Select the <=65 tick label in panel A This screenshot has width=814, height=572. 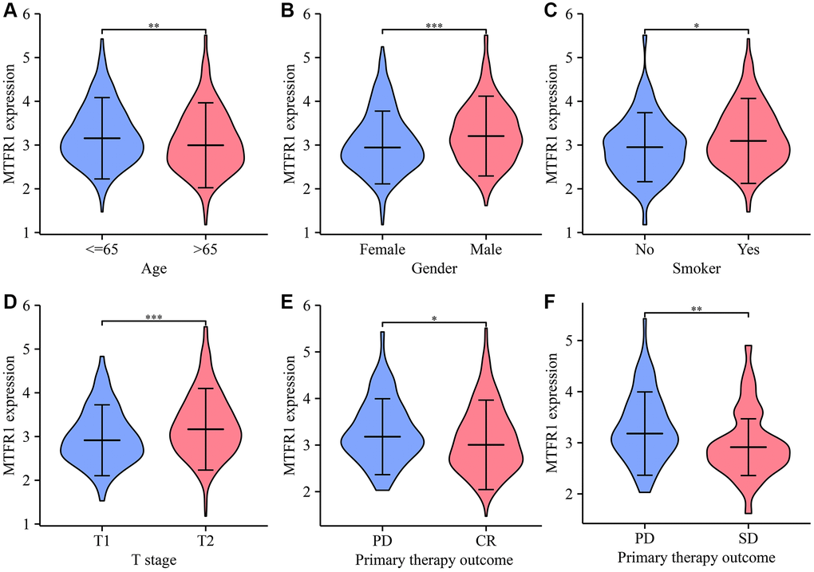pos(103,250)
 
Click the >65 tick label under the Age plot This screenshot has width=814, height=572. pos(206,250)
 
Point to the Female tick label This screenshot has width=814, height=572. pos(382,250)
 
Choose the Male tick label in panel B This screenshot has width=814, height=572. pos(485,250)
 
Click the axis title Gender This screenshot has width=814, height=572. pos(434,270)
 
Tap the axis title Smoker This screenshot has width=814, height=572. pos(697,270)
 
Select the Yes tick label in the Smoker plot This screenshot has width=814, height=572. pos(749,250)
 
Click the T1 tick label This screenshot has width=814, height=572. pos(103,542)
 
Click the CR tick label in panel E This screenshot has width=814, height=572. pos(485,542)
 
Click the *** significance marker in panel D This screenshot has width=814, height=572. pos(154,318)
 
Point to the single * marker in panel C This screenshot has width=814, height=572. pos(697,26)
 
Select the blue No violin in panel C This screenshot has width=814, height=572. pos(646,152)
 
